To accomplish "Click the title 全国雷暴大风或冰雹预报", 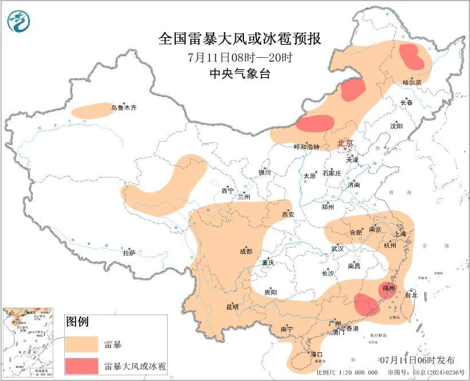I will tap(239, 39).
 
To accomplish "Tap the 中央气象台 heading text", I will tap(239, 73).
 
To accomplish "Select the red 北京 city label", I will tap(345, 143).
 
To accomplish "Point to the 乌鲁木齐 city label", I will tap(124, 108).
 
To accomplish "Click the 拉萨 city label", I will tap(129, 252).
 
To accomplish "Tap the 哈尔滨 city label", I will tap(411, 83).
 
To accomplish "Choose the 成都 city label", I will tap(246, 251).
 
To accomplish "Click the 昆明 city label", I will tap(232, 307).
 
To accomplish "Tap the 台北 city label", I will tap(412, 295).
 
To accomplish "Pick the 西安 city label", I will tap(287, 214).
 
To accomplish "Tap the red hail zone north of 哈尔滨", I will tap(412, 56).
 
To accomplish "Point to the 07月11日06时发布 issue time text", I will tap(417, 360).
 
